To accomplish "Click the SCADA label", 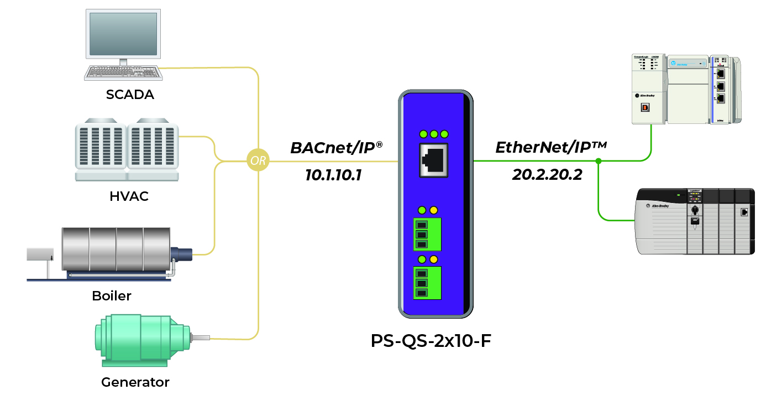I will tap(130, 95).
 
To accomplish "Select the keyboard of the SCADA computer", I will tap(122, 72).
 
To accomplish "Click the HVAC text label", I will tap(129, 196).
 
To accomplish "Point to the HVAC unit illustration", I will tap(127, 149).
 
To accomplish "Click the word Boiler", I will tap(112, 295).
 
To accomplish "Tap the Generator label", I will tap(135, 382).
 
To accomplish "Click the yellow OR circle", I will tap(258, 162).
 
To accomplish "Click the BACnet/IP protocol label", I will tap(337, 148).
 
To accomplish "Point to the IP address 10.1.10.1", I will tap(333, 175).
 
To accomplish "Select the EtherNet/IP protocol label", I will tap(551, 147).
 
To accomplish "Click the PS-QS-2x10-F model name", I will tap(431, 340).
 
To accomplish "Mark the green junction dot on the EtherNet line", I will tap(598, 161).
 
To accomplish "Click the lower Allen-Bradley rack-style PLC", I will tap(695, 221).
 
